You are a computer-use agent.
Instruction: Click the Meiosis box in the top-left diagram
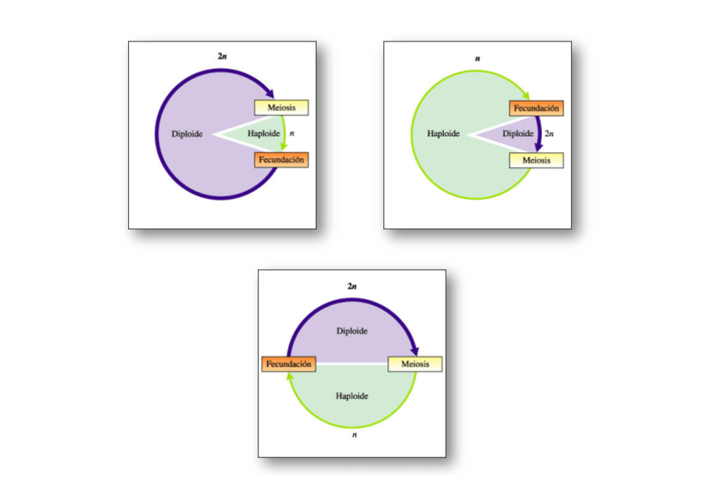(281, 108)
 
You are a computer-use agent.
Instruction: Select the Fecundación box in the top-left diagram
(281, 160)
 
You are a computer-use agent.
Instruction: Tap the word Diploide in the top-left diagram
(187, 134)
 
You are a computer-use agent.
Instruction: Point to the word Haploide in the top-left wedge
(263, 134)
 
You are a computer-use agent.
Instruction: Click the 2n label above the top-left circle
(222, 56)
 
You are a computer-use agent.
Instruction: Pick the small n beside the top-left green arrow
(291, 134)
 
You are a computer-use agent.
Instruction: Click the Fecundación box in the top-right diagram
(536, 108)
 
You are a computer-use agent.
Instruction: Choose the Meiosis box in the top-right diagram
(536, 160)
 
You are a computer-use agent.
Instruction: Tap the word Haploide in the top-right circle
(443, 134)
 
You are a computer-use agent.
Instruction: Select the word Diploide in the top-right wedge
(518, 134)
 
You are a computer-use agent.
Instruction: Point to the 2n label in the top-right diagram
(549, 134)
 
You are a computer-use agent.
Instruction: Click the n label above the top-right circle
(477, 59)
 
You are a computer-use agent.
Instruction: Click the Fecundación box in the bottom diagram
(288, 364)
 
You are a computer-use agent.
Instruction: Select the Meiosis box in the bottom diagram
(415, 364)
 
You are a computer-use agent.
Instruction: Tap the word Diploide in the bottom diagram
(352, 331)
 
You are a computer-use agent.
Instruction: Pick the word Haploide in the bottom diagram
(352, 396)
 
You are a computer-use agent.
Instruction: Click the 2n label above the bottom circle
(352, 286)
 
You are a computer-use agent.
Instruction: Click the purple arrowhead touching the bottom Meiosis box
(415, 352)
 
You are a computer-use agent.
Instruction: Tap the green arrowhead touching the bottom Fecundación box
(288, 377)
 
